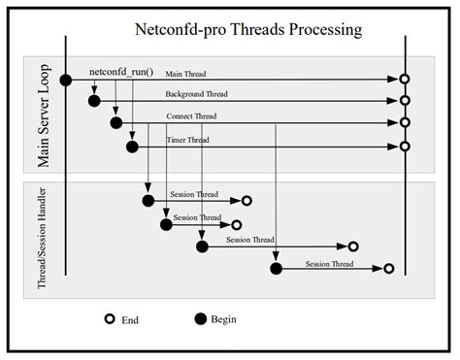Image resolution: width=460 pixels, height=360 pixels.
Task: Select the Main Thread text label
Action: pos(185,73)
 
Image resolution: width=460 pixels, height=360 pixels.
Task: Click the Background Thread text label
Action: pos(198,94)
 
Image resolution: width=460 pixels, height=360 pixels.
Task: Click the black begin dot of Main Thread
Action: pos(66,80)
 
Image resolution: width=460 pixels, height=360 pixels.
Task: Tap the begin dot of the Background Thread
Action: pos(95,100)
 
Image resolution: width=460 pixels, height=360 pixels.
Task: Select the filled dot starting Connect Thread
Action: pos(116,123)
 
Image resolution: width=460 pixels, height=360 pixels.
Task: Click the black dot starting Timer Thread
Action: pos(133,147)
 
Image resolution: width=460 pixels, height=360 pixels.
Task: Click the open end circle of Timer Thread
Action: pos(405,147)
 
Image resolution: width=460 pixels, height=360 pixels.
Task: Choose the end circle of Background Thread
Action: pos(405,100)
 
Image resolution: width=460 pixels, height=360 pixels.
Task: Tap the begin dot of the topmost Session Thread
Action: pos(148,201)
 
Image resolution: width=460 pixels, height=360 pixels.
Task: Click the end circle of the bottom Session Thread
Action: pos(388,269)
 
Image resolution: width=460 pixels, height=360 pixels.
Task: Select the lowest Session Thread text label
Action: pos(329,263)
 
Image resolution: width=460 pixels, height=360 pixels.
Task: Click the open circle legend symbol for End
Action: pos(109,318)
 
